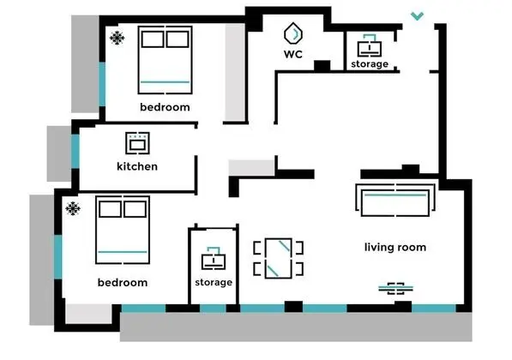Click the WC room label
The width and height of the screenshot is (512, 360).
tap(293, 54)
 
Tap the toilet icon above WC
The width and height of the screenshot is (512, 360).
tap(293, 33)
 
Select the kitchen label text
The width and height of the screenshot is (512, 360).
tap(137, 166)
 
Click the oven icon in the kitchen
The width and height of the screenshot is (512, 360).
tap(137, 143)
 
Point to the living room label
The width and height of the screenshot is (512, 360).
tap(395, 247)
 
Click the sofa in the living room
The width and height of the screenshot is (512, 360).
tap(395, 200)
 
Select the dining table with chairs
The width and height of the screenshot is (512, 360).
tap(278, 259)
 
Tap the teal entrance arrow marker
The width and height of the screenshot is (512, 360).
tap(417, 16)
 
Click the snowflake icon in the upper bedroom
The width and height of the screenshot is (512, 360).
tap(117, 39)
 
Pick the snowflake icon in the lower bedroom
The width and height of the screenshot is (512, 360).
tap(73, 208)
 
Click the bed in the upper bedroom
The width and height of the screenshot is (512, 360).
tap(165, 60)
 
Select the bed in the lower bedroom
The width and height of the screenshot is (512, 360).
tap(123, 230)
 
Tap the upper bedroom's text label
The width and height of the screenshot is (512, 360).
tap(165, 107)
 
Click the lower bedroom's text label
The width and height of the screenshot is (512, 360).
tap(123, 282)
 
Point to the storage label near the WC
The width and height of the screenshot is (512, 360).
tap(370, 64)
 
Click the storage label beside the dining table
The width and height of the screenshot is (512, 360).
tap(214, 282)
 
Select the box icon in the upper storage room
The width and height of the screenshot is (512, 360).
tap(370, 45)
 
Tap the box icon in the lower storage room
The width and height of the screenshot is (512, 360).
tap(214, 259)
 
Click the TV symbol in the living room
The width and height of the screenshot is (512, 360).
tap(395, 289)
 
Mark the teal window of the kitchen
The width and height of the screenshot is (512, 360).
tap(75, 151)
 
